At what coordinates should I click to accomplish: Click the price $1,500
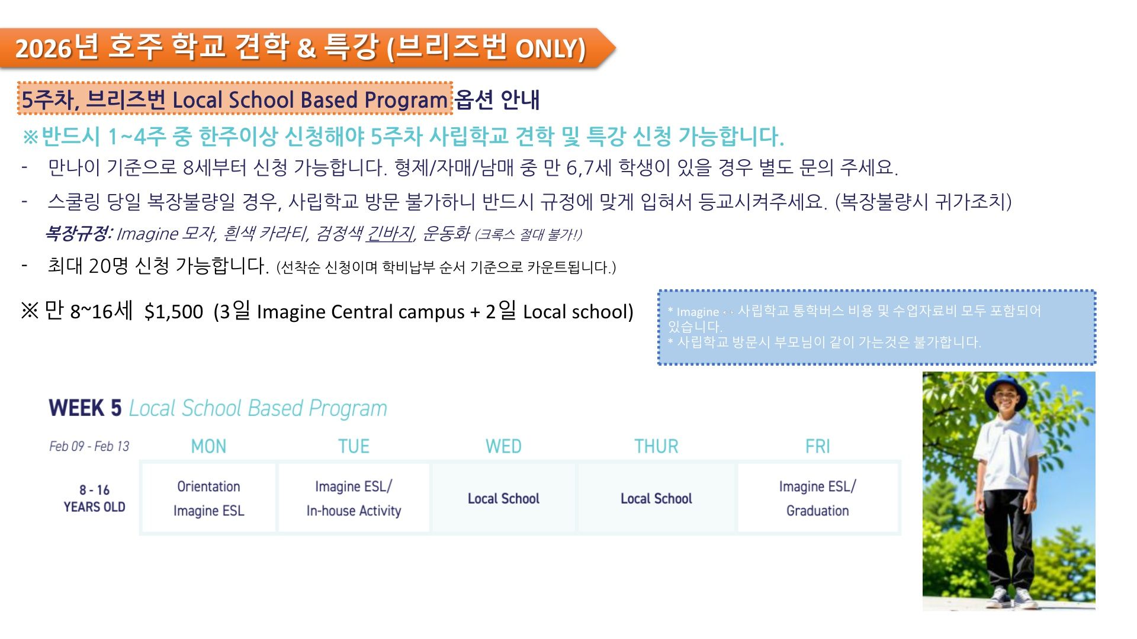point(174,312)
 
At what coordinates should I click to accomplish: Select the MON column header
point(208,446)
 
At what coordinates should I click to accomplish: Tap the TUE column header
point(354,446)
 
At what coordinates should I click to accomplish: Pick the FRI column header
point(817,446)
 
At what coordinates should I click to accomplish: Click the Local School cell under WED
point(503,498)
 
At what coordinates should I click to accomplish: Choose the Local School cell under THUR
point(656,498)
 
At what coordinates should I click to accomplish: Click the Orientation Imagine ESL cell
point(208,498)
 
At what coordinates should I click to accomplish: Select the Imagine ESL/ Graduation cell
point(818,498)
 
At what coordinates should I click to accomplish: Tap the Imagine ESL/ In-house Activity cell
point(354,498)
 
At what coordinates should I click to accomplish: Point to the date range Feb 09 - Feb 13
point(89,446)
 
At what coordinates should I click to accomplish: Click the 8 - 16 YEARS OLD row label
point(95,498)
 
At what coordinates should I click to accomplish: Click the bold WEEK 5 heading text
point(85,408)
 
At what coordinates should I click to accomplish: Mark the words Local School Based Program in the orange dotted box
point(310,100)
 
